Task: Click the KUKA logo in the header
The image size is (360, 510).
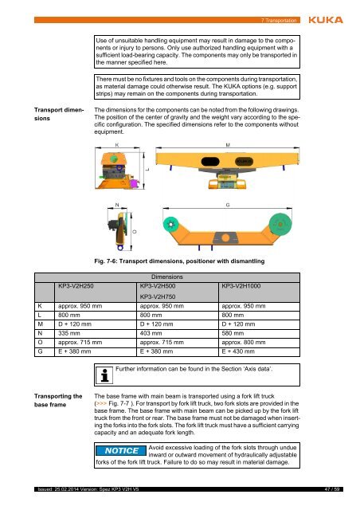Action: click(326, 20)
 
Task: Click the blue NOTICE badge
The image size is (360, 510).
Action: click(121, 451)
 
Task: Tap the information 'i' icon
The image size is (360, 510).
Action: click(104, 375)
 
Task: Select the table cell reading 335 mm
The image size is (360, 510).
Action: click(69, 333)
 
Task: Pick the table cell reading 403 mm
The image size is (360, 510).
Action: click(151, 333)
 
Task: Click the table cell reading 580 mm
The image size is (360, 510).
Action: click(233, 333)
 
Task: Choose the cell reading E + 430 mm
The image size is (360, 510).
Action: click(238, 351)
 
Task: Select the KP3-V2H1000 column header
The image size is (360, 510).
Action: click(241, 286)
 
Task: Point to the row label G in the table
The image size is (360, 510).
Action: click(40, 351)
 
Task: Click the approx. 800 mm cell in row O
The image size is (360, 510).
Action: click(244, 343)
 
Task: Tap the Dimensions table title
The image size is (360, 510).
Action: click(167, 277)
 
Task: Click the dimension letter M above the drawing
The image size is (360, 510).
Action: click(228, 145)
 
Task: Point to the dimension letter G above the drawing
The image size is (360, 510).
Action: click(228, 206)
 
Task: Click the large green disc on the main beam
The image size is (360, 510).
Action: click(280, 224)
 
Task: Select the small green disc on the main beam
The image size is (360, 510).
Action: click(171, 225)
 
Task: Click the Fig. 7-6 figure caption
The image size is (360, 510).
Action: click(179, 261)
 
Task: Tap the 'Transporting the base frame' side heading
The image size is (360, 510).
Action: click(58, 400)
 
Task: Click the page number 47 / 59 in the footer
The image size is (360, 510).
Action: click(332, 489)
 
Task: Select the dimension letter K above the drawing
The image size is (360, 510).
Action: click(117, 145)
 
